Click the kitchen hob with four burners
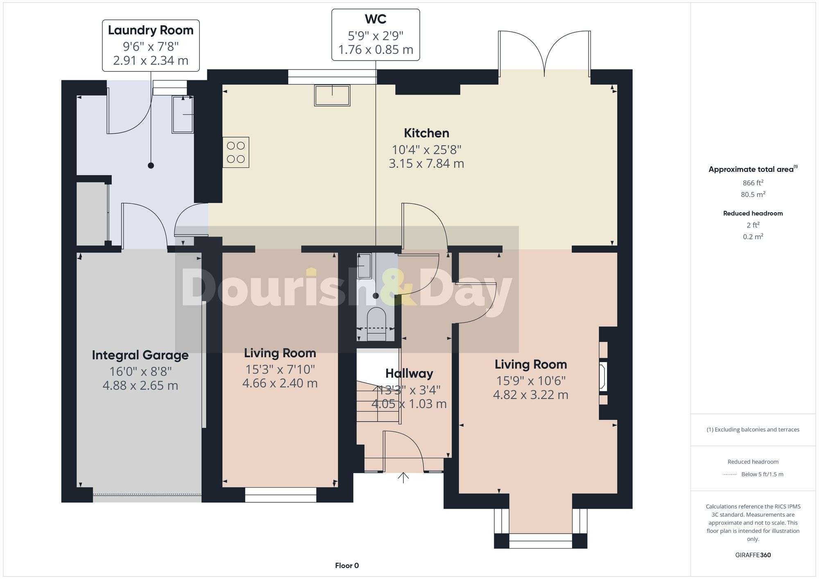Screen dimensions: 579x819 point(236,152)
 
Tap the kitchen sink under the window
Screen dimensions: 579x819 point(332,95)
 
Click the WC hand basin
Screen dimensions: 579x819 point(364,266)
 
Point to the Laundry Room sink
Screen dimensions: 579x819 point(183,115)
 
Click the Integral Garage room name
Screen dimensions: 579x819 point(140,355)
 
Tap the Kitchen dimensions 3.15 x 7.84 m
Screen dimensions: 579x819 point(426,164)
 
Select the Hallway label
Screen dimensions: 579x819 point(409,373)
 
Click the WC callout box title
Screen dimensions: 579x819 point(376,19)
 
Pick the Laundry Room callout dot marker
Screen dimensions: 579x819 point(151,165)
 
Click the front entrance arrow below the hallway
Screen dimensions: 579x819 point(403,478)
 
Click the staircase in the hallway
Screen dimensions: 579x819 point(377,403)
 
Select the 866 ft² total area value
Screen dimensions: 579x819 point(753,183)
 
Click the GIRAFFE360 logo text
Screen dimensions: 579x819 point(753,555)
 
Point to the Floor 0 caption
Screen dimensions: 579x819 point(347,565)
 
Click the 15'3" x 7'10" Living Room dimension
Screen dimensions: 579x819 point(280,369)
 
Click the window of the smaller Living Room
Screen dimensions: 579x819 point(281,495)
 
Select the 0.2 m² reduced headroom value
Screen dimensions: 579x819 point(753,237)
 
